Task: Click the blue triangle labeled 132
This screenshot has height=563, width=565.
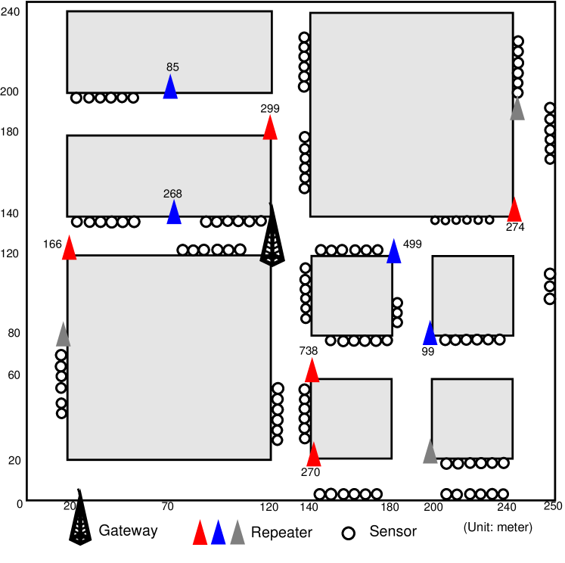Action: point(170,87)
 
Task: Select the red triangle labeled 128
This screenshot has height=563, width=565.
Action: point(270,127)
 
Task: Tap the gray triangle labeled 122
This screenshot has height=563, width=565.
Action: point(517,108)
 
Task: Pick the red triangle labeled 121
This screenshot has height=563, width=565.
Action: point(514,210)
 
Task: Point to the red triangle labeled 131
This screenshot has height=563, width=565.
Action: point(69,248)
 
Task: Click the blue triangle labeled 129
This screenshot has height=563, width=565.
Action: point(174,213)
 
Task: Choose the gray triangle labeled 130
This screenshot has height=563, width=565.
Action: point(63,334)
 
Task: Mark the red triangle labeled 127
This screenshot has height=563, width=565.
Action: point(312,370)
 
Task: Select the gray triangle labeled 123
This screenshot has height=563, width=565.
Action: point(430,452)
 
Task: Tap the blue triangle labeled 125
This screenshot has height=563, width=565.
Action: point(394,250)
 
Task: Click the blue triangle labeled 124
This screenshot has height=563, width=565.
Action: point(430,332)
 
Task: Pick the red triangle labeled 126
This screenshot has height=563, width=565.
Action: point(313,455)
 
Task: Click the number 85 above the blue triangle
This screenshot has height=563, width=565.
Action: point(172,67)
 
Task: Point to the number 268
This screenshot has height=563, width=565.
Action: point(172,194)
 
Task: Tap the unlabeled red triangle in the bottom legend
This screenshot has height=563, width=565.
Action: point(200,532)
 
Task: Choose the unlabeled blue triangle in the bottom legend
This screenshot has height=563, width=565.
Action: point(219,532)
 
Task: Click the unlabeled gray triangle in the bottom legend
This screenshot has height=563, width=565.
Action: point(237,532)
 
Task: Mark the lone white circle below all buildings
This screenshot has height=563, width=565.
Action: point(349,533)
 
